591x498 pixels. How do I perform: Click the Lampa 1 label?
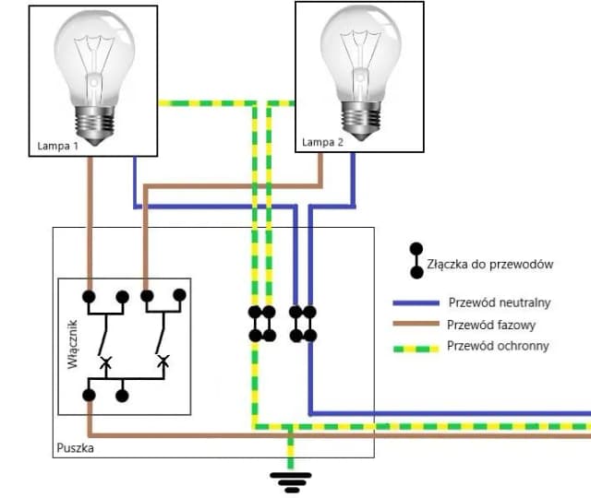(x=56, y=146)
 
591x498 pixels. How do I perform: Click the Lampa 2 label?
(x=322, y=143)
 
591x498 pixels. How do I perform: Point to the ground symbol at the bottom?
(x=290, y=479)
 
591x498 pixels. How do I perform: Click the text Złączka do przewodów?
(x=489, y=265)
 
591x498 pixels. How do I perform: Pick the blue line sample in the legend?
(x=415, y=303)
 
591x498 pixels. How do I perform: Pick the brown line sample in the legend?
(x=415, y=326)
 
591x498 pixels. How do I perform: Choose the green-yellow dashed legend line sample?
(x=415, y=348)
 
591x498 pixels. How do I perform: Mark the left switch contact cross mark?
(x=105, y=362)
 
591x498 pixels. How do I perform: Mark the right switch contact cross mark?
(x=163, y=361)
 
